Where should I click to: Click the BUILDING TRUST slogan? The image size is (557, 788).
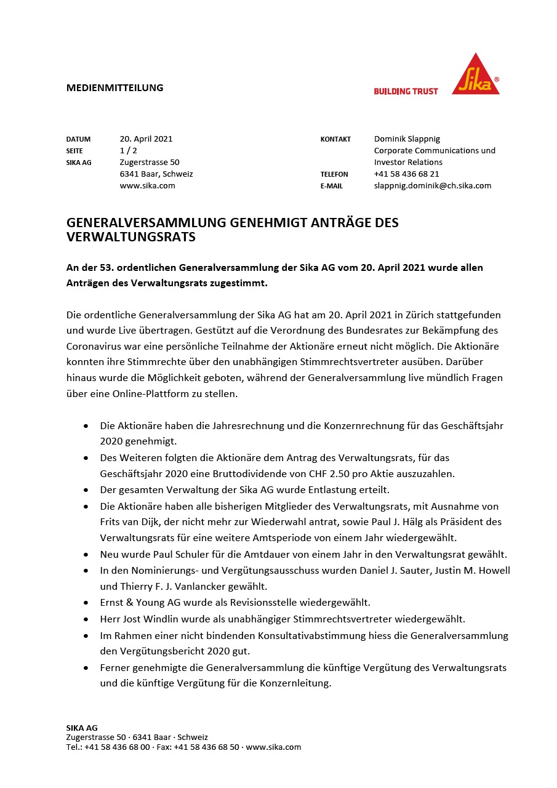(x=406, y=91)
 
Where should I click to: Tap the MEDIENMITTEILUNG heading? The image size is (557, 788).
(x=114, y=87)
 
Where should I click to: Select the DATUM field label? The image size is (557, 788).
(x=78, y=139)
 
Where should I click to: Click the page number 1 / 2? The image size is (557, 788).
(x=128, y=151)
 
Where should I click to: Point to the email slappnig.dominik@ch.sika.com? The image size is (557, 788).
(x=432, y=186)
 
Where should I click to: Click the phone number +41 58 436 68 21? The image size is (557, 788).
(x=406, y=174)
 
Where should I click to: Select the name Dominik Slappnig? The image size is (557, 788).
(x=407, y=139)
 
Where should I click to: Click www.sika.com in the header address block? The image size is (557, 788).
(x=147, y=186)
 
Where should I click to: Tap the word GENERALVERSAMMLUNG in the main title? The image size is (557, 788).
(x=146, y=223)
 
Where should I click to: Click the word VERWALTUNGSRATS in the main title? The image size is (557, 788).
(x=130, y=237)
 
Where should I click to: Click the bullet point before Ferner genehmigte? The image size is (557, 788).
(x=86, y=667)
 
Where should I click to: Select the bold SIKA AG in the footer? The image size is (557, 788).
(x=82, y=728)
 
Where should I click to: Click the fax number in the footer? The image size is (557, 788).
(x=206, y=747)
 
